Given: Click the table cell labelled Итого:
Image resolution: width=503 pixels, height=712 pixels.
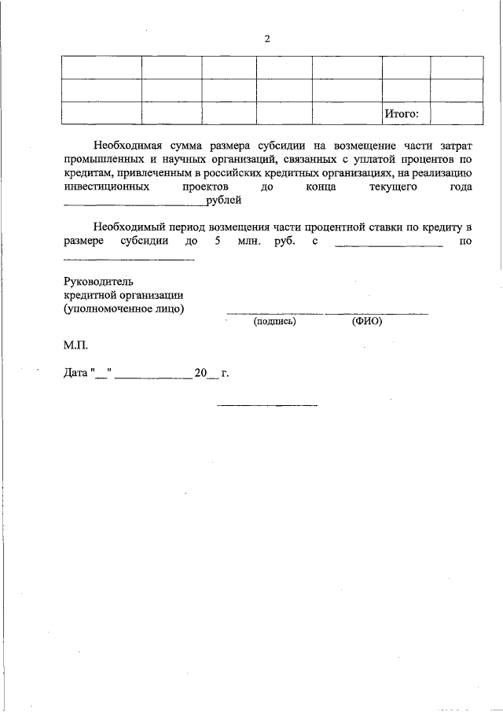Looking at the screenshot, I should tap(402, 114).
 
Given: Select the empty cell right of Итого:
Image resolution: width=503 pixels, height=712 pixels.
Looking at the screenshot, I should tap(457, 114).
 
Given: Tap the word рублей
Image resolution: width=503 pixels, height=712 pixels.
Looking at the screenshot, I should tap(223, 201).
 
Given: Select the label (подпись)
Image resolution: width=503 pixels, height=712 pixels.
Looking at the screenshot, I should tap(274, 322).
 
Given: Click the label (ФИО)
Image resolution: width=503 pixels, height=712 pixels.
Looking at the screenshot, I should tap(366, 322).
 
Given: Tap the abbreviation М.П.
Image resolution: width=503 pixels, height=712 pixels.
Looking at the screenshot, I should tap(77, 345).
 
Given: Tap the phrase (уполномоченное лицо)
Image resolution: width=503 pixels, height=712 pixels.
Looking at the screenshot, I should tap(124, 309).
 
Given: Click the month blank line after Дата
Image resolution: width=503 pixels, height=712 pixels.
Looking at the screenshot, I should tap(154, 378).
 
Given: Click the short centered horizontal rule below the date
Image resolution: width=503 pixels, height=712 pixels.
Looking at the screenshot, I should tap(267, 406).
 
